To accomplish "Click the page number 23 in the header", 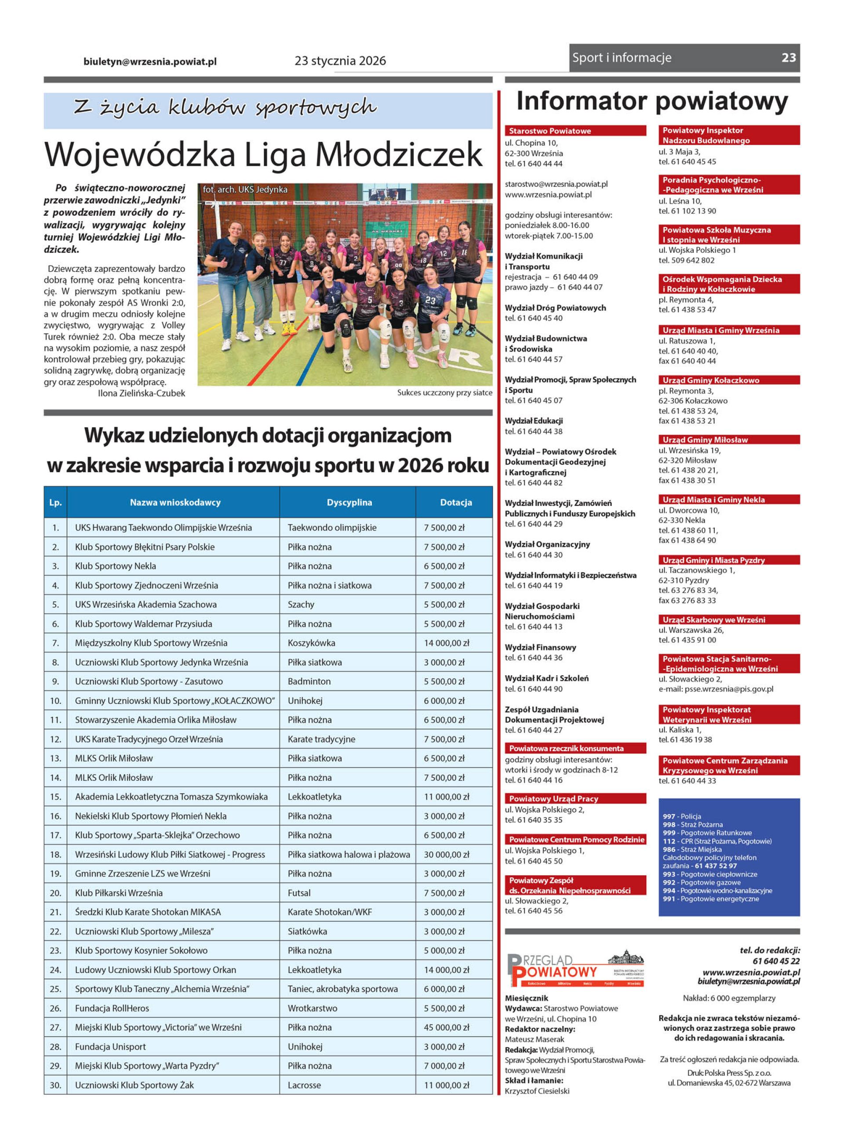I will (788, 58).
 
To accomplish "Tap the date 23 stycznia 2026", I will (340, 61).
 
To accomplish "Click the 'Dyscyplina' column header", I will (349, 502).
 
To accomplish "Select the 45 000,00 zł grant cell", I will (447, 1027).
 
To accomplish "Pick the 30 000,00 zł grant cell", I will (447, 854).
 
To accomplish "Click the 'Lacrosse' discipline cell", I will (304, 1085).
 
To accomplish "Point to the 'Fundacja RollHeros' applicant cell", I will (112, 1008).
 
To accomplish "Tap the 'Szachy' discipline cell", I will (301, 604).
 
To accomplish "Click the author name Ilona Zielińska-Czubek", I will (142, 393).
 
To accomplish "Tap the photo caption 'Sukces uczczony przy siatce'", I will (444, 392).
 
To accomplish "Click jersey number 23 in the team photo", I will (430, 301).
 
